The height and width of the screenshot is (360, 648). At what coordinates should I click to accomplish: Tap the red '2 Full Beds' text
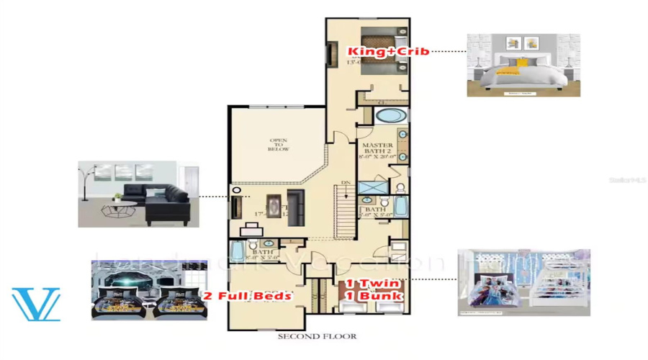point(247,296)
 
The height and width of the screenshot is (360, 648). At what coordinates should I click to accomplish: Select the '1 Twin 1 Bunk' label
point(373,290)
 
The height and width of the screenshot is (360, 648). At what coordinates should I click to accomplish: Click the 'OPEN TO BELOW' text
point(279,145)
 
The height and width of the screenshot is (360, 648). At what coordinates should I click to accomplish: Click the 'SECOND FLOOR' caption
point(317,336)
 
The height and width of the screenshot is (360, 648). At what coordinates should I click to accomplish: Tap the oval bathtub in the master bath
point(391,116)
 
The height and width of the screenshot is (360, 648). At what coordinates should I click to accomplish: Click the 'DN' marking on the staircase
point(346,183)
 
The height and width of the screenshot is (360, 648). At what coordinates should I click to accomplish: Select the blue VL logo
point(36,305)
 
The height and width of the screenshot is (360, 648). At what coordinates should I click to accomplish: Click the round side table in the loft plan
point(237,190)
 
